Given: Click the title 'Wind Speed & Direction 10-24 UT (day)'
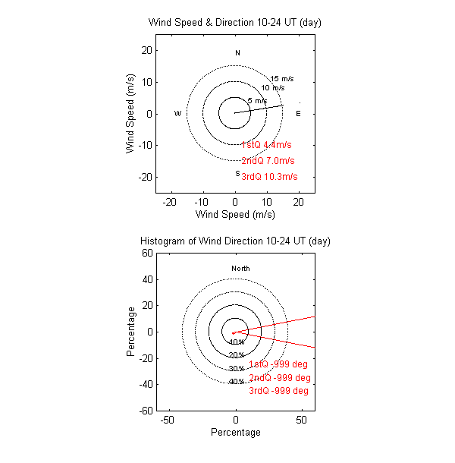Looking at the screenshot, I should tap(235, 22).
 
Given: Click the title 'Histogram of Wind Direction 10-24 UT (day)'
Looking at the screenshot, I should tap(235, 241).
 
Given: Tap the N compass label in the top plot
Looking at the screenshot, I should tap(237, 53).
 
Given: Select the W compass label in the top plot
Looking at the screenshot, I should tap(177, 114).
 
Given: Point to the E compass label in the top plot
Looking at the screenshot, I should tap(298, 114).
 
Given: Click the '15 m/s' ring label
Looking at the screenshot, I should tap(282, 79).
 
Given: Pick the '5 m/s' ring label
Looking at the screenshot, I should tap(257, 100).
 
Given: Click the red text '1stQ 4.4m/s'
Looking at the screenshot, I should tap(266, 144).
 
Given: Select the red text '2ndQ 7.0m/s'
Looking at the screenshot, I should tap(268, 161).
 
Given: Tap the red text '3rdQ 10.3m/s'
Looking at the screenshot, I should tap(269, 177).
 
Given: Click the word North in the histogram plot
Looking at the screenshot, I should tap(240, 269).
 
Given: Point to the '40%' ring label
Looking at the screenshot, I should tap(236, 382).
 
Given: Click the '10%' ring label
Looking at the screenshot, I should tap(236, 342).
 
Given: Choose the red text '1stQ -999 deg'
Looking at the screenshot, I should tap(278, 364).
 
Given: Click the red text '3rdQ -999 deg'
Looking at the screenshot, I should tap(278, 391).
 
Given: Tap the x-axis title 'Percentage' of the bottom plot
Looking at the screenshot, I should tap(235, 433).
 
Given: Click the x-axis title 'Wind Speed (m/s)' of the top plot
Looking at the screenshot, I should tap(235, 215).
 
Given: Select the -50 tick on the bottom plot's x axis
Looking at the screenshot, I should tap(168, 419).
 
